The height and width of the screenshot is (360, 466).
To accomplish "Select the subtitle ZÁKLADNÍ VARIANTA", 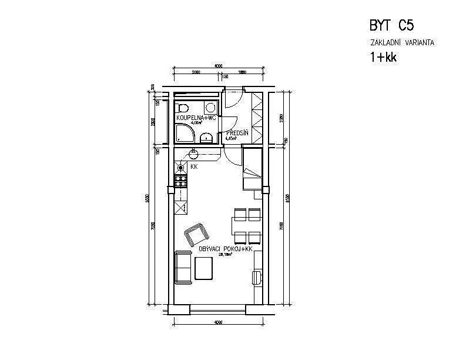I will click(x=403, y=43).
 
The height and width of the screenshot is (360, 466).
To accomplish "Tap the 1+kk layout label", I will click(x=383, y=57).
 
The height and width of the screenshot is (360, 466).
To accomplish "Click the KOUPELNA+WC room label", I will click(x=196, y=118).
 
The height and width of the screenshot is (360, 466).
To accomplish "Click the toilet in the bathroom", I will click(x=182, y=108).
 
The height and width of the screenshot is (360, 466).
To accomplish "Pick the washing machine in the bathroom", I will click(x=210, y=106).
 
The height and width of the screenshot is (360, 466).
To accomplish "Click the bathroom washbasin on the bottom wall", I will click(x=206, y=138).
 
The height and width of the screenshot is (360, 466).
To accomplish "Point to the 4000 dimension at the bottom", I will click(x=218, y=322).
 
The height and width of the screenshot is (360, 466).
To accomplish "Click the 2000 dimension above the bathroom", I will click(x=196, y=72).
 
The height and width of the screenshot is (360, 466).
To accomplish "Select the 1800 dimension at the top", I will click(x=242, y=72).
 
